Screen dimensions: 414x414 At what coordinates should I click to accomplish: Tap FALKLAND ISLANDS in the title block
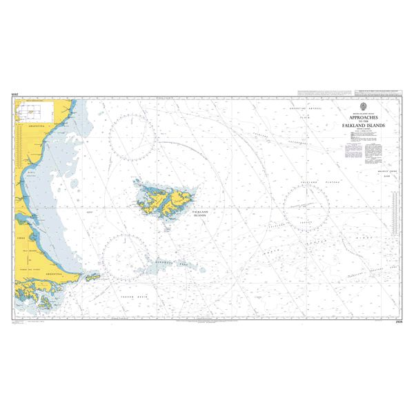pyautogui.click(x=366, y=126)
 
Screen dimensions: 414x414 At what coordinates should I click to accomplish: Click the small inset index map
pyautogui.click(x=32, y=110)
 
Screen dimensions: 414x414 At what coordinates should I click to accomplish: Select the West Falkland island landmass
pyautogui.click(x=148, y=199)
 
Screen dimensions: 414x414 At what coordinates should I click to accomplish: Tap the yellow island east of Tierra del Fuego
pyautogui.click(x=92, y=277)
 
